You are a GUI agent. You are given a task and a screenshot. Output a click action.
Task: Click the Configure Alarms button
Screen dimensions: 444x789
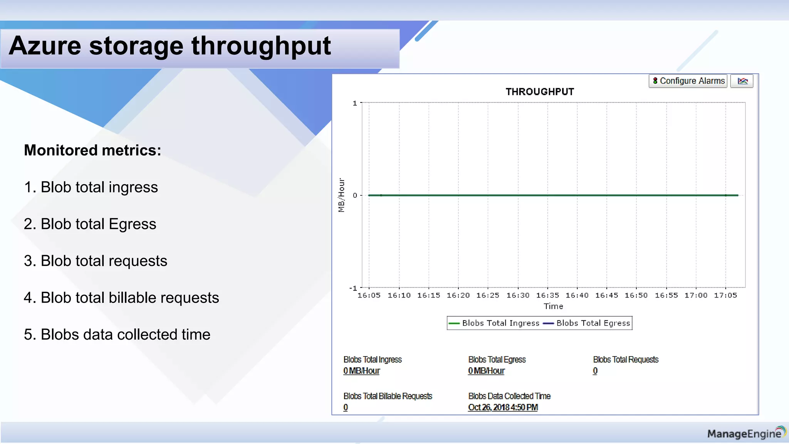tap(688, 81)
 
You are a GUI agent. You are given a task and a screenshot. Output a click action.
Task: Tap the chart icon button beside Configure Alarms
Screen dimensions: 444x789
tap(742, 81)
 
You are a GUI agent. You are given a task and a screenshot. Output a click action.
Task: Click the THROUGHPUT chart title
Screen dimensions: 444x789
tap(540, 92)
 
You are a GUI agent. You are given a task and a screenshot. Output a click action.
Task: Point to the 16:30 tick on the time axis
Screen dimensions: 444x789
tap(518, 295)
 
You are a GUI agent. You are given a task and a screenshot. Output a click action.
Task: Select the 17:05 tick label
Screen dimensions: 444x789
tap(725, 295)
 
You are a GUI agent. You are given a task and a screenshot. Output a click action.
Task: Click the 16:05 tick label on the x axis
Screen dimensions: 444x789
tap(369, 295)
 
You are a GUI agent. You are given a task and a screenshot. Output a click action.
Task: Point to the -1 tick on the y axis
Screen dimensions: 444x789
tap(353, 288)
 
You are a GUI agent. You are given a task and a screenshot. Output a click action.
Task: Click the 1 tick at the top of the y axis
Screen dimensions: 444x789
tap(355, 103)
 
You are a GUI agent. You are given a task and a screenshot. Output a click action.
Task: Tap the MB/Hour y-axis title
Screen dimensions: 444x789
tap(341, 195)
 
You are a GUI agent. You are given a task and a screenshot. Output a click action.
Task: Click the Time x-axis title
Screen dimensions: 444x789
tap(553, 306)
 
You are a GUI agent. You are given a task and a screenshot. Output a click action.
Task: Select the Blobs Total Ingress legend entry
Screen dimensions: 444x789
tap(495, 323)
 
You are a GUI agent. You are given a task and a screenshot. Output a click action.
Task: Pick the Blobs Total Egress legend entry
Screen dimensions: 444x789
tap(587, 323)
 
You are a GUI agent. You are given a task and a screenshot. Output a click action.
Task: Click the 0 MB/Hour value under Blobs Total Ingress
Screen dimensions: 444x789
tap(361, 371)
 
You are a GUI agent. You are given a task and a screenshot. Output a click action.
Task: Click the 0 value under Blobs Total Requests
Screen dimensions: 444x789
tap(595, 371)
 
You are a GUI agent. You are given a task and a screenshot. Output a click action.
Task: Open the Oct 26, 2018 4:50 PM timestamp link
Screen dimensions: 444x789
tap(503, 407)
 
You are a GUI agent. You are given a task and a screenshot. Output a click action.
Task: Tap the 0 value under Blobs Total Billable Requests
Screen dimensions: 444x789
tap(346, 407)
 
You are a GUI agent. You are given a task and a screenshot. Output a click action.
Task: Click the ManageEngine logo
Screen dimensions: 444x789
tap(745, 433)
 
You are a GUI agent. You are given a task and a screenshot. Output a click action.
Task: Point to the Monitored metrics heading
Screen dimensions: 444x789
tap(92, 150)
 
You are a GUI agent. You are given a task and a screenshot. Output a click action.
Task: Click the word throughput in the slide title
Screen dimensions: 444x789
tap(261, 46)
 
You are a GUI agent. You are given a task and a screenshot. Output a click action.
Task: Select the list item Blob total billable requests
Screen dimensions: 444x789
tap(121, 298)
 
